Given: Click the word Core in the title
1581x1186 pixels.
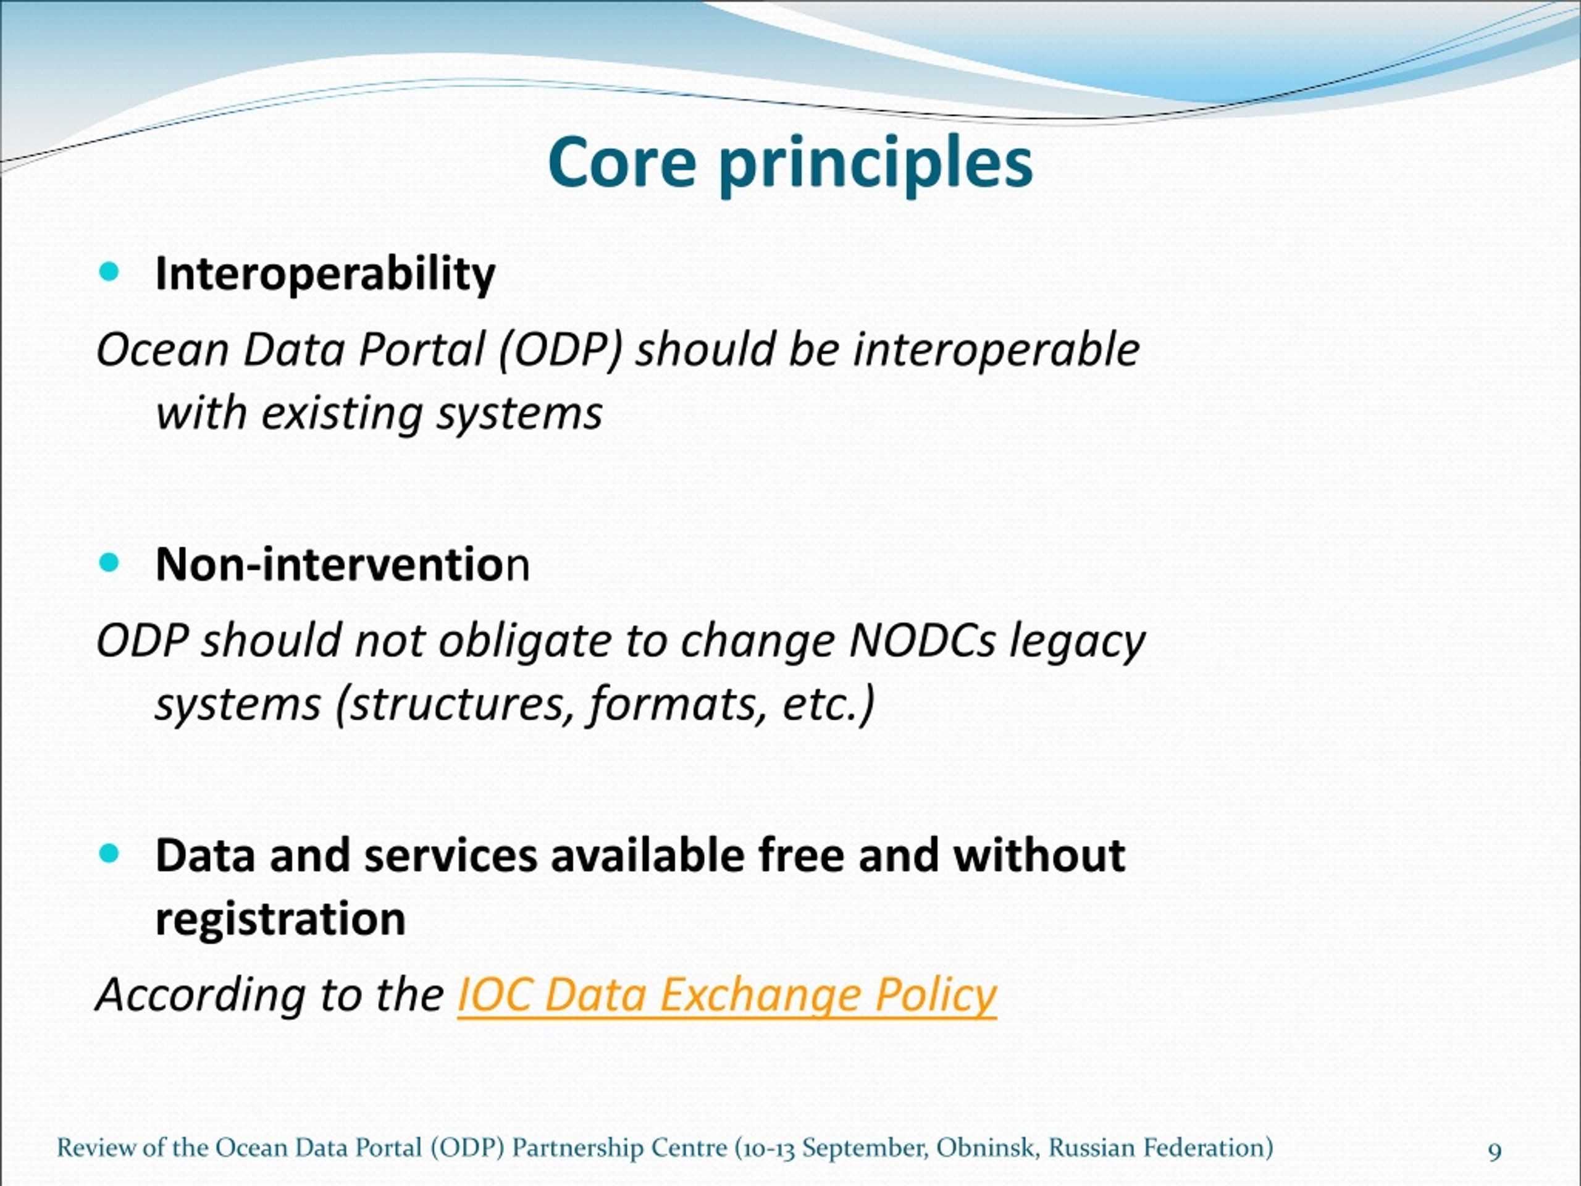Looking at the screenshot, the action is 621,162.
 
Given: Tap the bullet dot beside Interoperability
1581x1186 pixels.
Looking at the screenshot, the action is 109,272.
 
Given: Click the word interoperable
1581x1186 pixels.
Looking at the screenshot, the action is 996,350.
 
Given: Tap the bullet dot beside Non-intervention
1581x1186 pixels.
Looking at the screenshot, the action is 109,563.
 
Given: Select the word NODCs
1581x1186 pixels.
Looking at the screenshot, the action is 922,641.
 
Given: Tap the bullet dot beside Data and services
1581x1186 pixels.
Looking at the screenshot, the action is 109,853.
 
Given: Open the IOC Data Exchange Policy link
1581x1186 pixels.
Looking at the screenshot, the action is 727,995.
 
